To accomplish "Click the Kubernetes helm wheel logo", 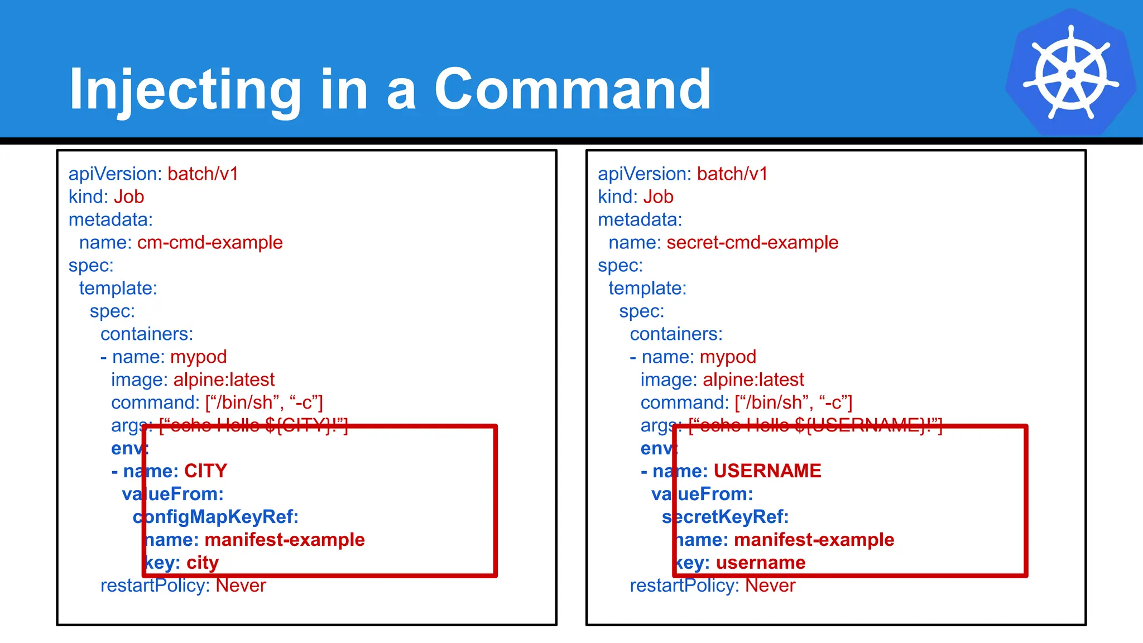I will pyautogui.click(x=1070, y=73).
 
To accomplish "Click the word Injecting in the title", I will pyautogui.click(x=184, y=89).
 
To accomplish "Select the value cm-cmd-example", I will pyautogui.click(x=210, y=243).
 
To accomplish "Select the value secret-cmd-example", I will pyautogui.click(x=752, y=243).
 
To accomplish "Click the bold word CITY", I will pyautogui.click(x=205, y=471).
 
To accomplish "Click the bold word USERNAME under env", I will pyautogui.click(x=767, y=471).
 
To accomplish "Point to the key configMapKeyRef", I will pyautogui.click(x=215, y=517).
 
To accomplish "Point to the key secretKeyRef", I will pyautogui.click(x=725, y=517).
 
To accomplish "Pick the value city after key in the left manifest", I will pyautogui.click(x=202, y=563).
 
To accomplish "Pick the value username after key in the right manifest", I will pyautogui.click(x=760, y=563).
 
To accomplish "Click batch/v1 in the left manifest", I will pyautogui.click(x=203, y=174).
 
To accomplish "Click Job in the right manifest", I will pyautogui.click(x=658, y=197).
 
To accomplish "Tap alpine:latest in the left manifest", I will pyautogui.click(x=224, y=380).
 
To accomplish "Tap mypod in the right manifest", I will pyautogui.click(x=728, y=357).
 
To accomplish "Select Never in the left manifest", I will pyautogui.click(x=241, y=586).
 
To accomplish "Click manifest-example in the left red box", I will pyautogui.click(x=284, y=540).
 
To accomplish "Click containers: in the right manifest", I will pyautogui.click(x=676, y=334).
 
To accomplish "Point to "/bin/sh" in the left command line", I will pyautogui.click(x=243, y=403).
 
